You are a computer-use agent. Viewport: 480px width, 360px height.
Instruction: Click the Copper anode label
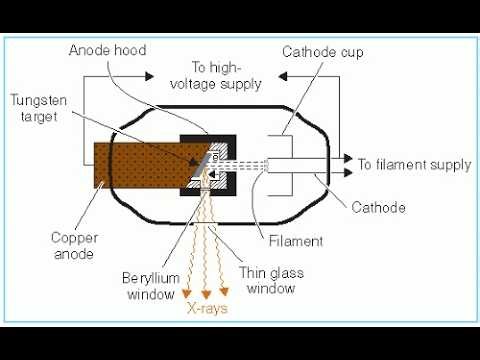click(77, 245)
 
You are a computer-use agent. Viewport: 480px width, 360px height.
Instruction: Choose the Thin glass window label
click(269, 281)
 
